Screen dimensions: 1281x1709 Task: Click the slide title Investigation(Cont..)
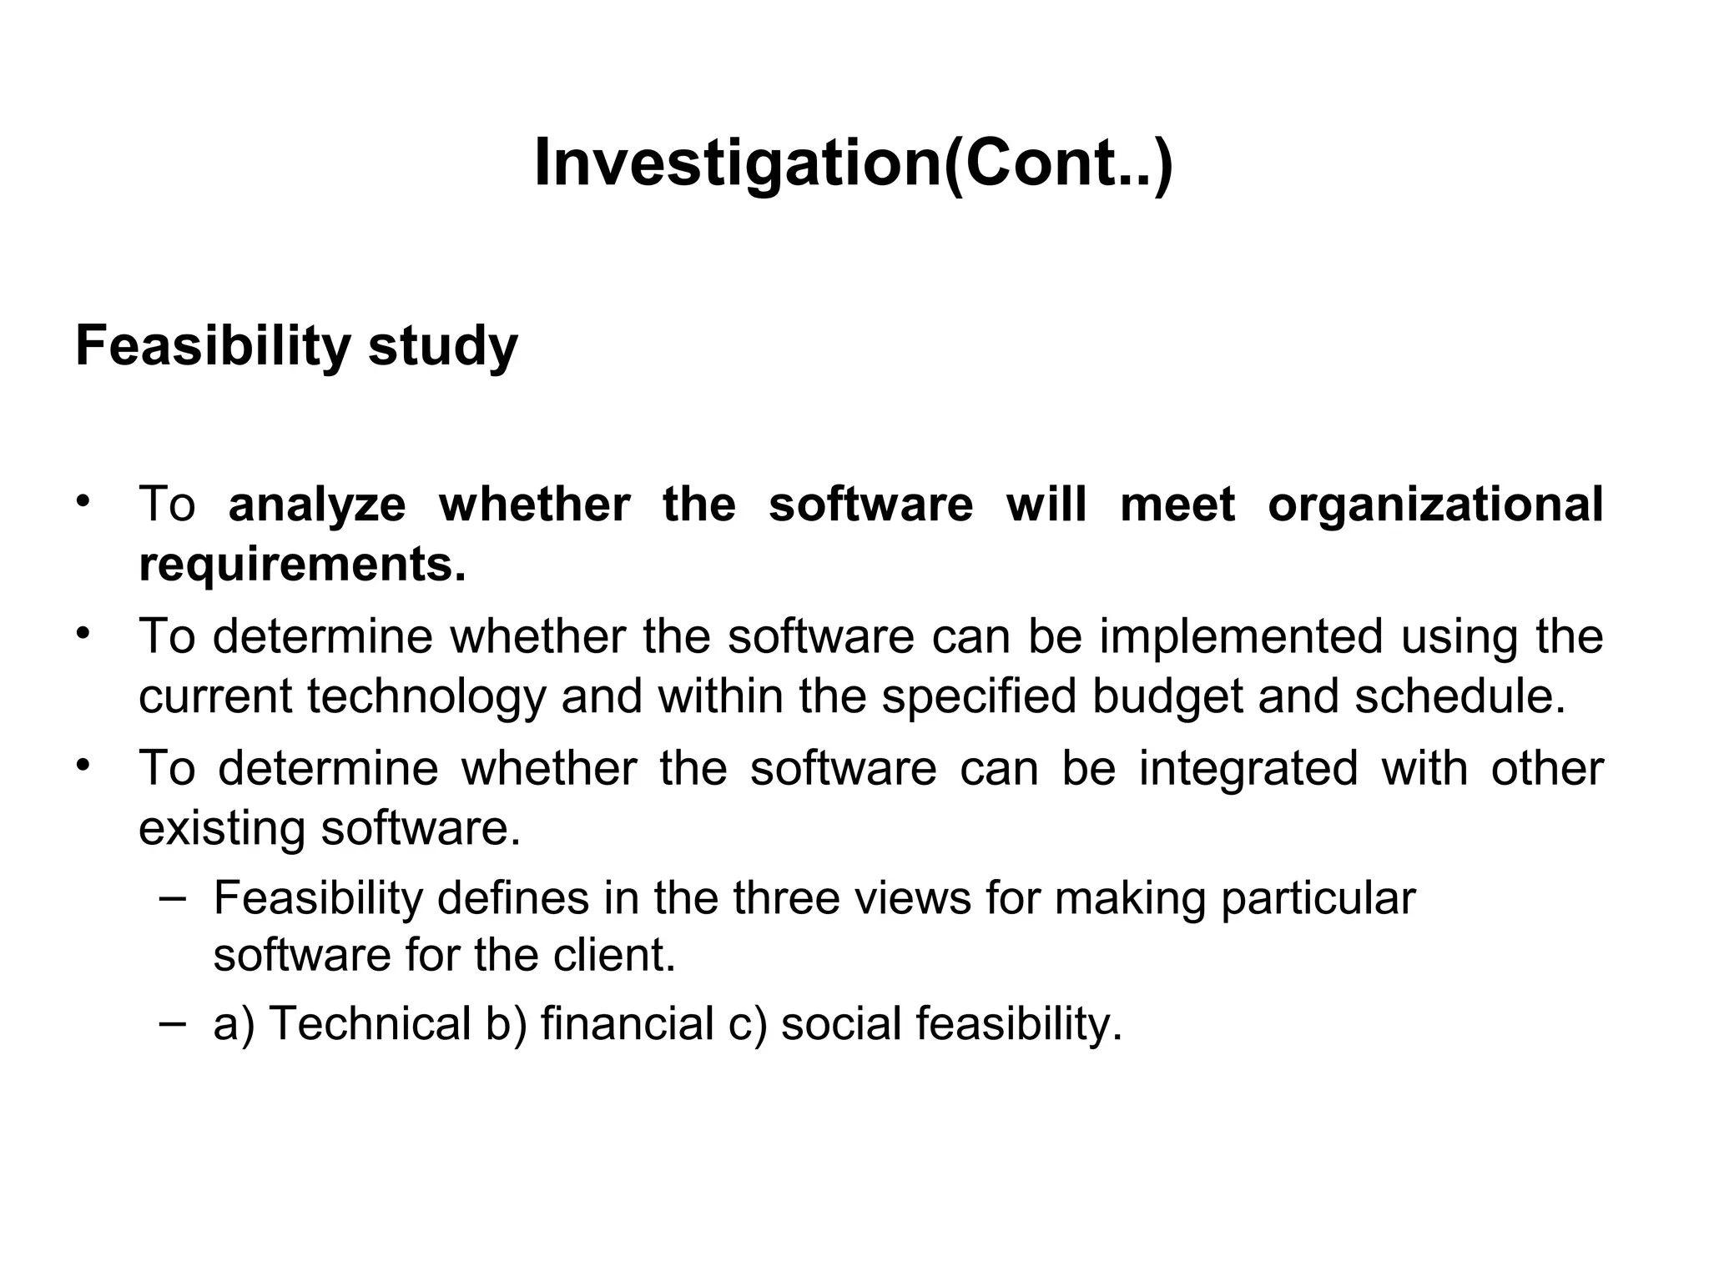(x=853, y=163)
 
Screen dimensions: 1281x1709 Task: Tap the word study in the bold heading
(x=442, y=345)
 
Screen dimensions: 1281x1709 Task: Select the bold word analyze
(x=317, y=505)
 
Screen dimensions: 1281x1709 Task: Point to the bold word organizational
(x=1434, y=505)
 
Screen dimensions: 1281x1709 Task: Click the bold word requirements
(x=302, y=566)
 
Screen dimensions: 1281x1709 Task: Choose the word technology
(x=425, y=697)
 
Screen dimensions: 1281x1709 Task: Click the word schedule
(x=1459, y=696)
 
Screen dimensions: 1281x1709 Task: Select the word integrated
(x=1248, y=768)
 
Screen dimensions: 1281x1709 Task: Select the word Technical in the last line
(x=370, y=1023)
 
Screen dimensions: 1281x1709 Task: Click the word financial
(x=627, y=1023)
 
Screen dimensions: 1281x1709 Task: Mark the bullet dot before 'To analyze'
(x=82, y=501)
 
